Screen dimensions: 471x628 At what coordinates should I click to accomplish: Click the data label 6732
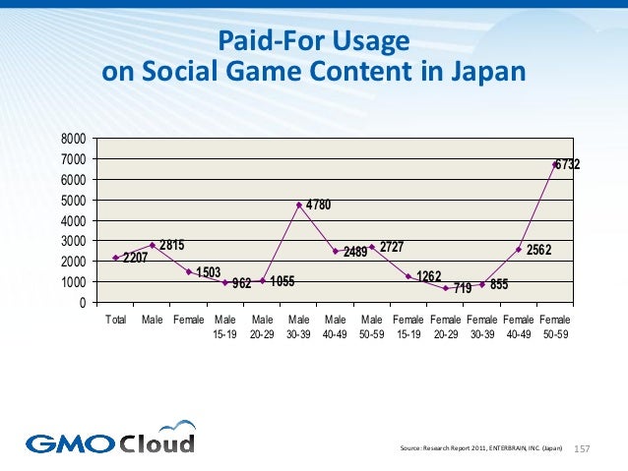[566, 165]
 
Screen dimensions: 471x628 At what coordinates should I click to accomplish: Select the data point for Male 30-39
[298, 205]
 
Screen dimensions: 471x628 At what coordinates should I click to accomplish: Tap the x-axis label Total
[115, 320]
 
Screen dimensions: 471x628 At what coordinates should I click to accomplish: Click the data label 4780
[318, 205]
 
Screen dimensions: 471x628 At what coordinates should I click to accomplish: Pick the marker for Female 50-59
[553, 164]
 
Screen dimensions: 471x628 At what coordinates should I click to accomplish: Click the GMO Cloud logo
[110, 438]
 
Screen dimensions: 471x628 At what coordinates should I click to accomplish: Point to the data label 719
[463, 289]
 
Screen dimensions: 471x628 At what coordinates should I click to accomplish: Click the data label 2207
[136, 259]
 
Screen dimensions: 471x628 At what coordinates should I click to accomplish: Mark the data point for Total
[115, 258]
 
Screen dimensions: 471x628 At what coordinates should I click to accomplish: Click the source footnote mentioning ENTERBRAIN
[481, 448]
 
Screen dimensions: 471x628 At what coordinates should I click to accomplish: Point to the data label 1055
[283, 281]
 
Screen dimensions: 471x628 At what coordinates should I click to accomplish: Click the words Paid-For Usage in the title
[313, 42]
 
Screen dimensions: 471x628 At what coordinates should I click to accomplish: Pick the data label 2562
[539, 251]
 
